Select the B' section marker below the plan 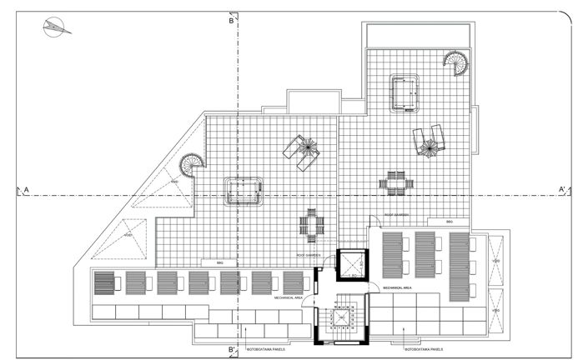(x=233, y=349)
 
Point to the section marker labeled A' (x=563, y=191)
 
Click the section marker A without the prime (x=27, y=191)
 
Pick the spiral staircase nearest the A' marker (x=455, y=62)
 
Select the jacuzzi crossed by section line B (x=243, y=192)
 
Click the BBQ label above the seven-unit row (x=220, y=262)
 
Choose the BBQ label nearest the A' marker (x=450, y=222)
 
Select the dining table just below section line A (x=395, y=183)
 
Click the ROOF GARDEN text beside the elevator (x=309, y=254)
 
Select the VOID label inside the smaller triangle (x=128, y=236)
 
